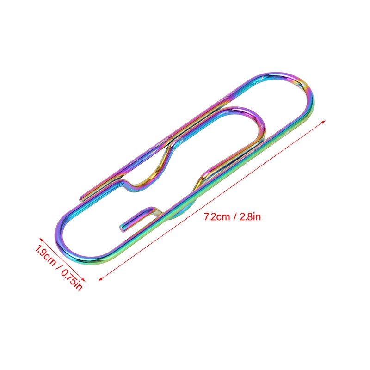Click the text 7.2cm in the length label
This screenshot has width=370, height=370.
pyautogui.click(x=217, y=216)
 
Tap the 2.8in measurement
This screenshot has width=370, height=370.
pyautogui.click(x=250, y=216)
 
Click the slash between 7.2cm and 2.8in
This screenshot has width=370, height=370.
pyautogui.click(x=234, y=217)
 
